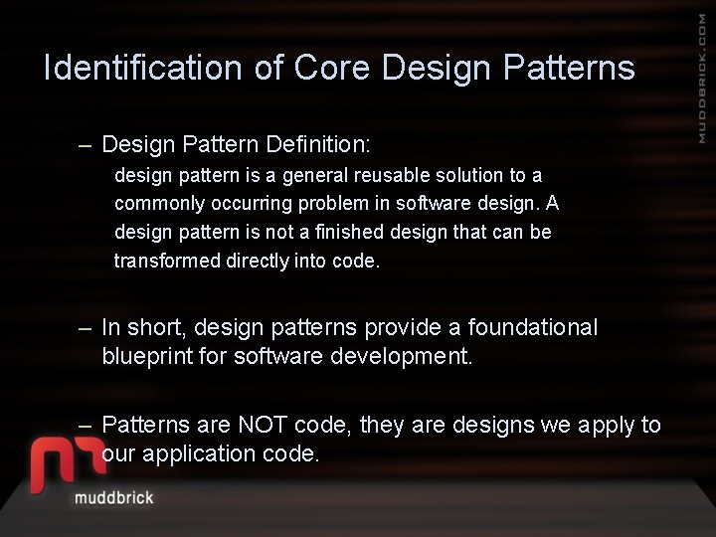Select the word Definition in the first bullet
tap(317, 145)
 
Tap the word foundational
tap(533, 327)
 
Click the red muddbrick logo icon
tap(67, 463)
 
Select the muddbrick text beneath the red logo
tap(114, 497)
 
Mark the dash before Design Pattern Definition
tap(86, 145)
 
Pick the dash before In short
tap(86, 327)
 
